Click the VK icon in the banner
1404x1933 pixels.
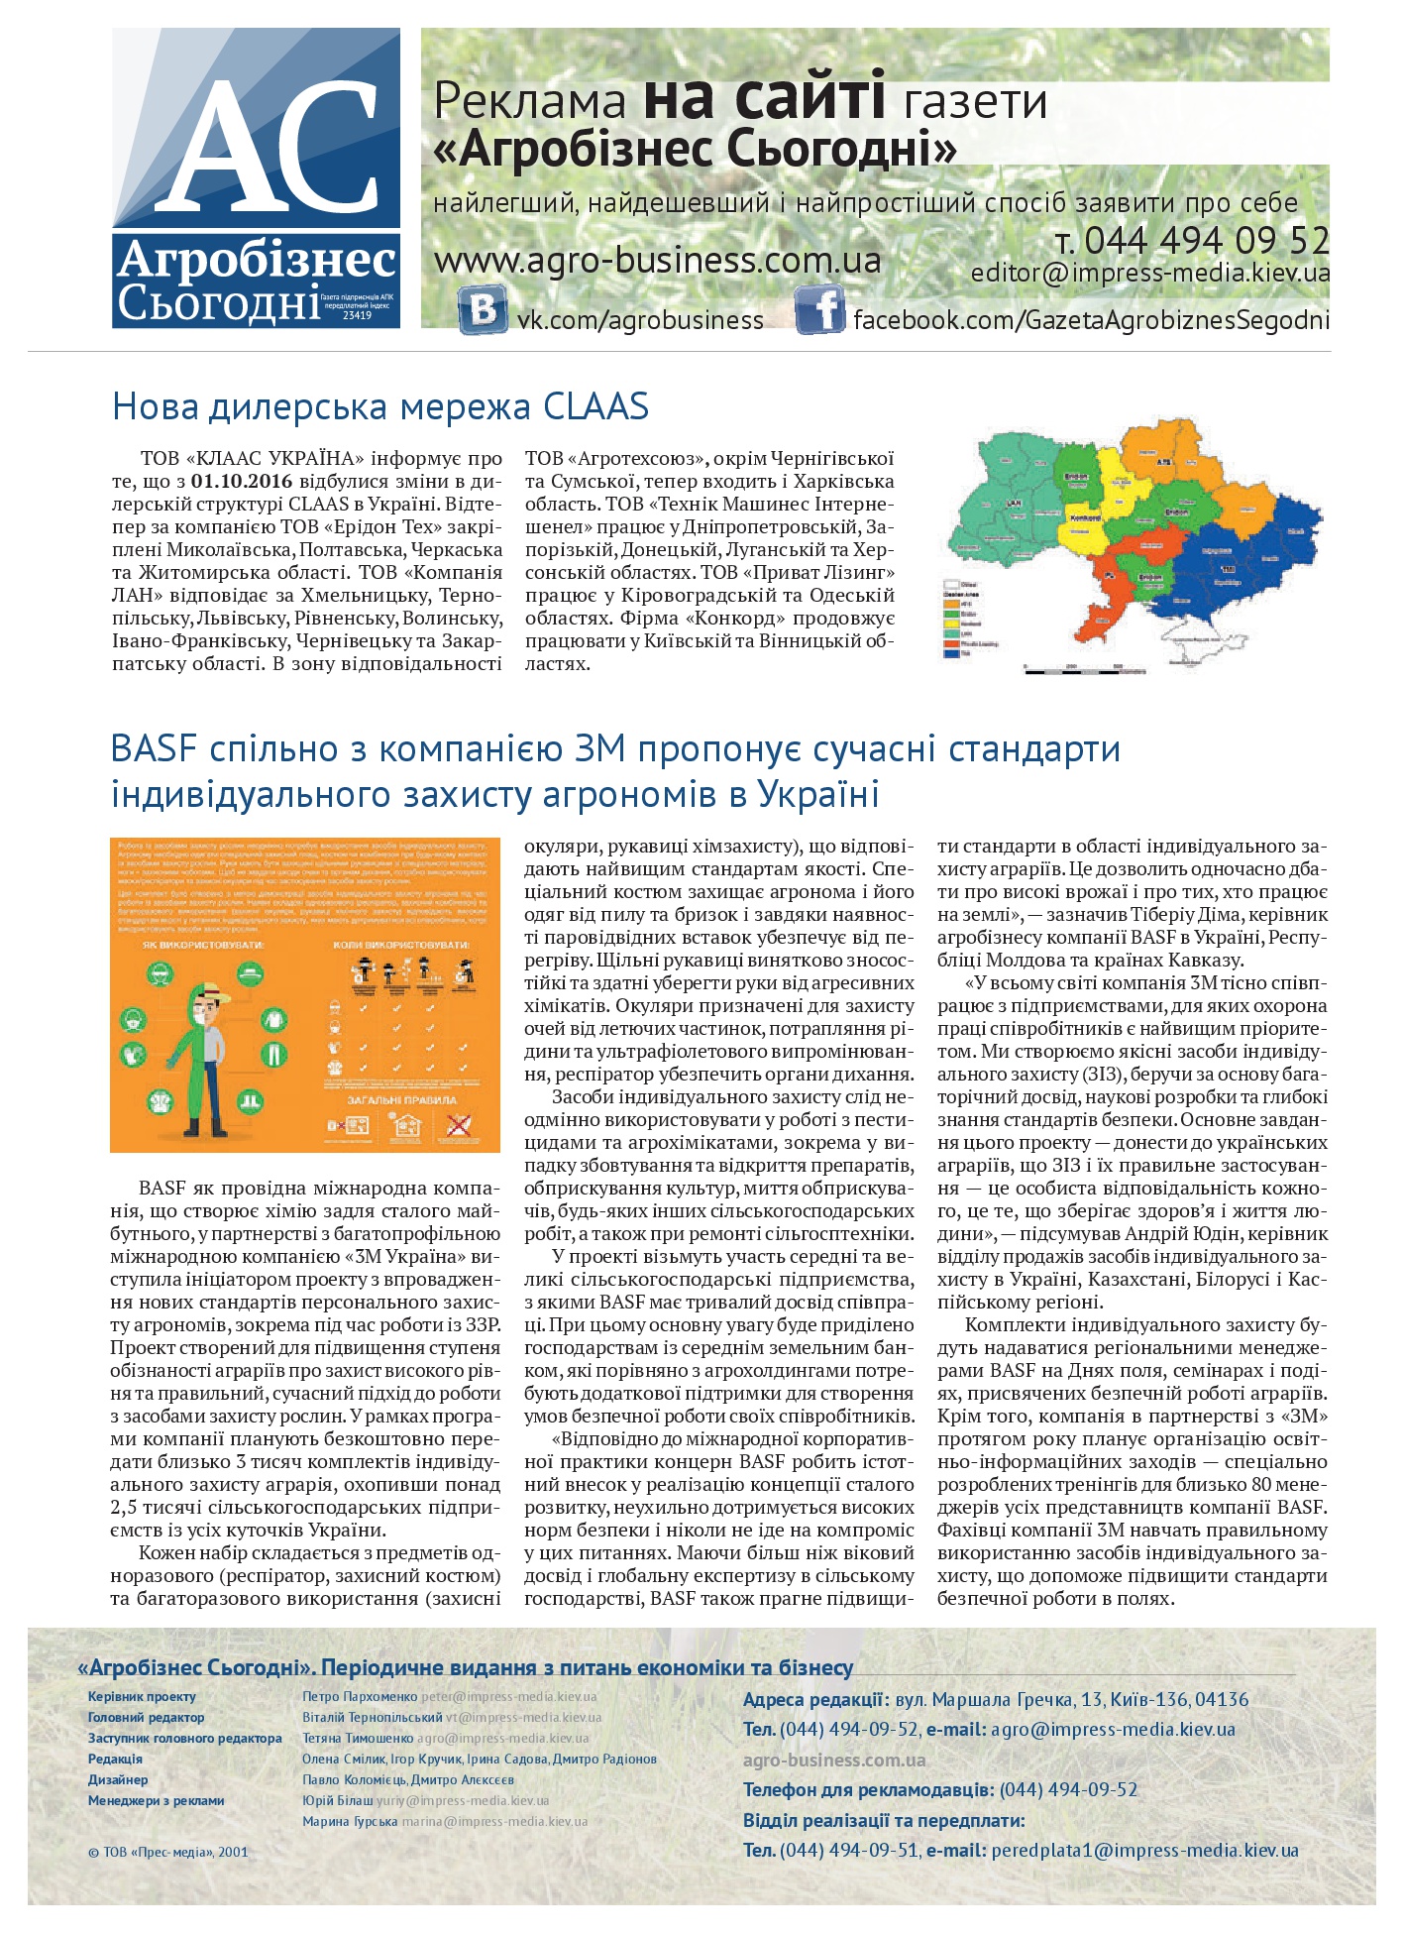click(483, 310)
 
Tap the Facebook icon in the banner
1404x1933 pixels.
click(820, 310)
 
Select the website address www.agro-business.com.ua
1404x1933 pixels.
click(657, 261)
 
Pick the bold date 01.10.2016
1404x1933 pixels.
click(241, 481)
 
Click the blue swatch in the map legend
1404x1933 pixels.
click(955, 653)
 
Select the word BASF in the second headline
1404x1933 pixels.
click(157, 748)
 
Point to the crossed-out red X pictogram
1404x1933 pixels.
click(459, 1125)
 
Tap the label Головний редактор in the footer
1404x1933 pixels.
click(146, 1717)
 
